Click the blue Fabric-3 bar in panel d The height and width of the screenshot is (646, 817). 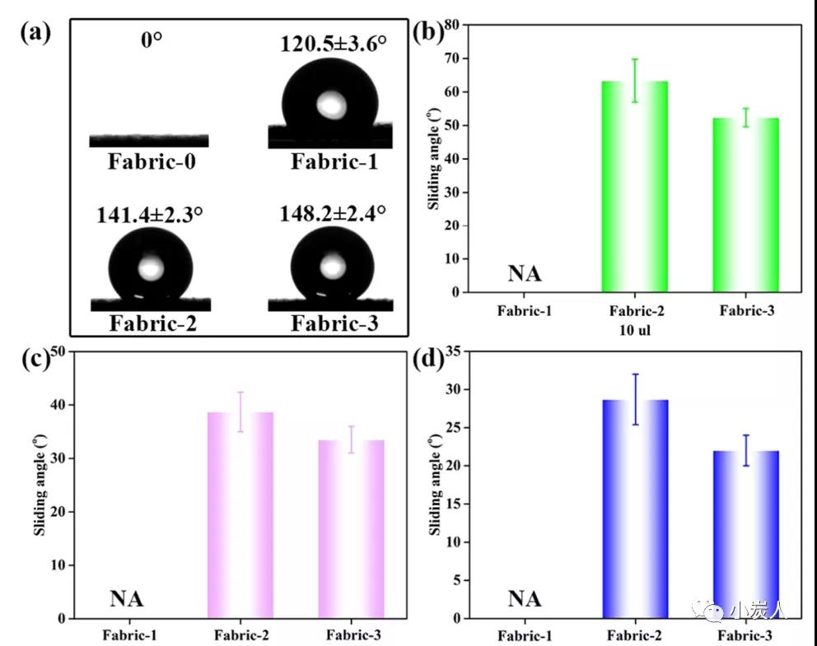click(745, 534)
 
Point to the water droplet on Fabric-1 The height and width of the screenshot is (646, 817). click(330, 103)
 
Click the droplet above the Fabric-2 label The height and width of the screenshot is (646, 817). click(152, 264)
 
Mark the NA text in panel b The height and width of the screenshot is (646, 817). click(525, 272)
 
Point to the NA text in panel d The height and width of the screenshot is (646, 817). click(525, 598)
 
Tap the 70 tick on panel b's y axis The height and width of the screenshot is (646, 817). click(451, 59)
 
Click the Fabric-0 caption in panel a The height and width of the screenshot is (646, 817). click(152, 161)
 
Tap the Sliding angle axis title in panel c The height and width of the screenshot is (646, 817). click(38, 486)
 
